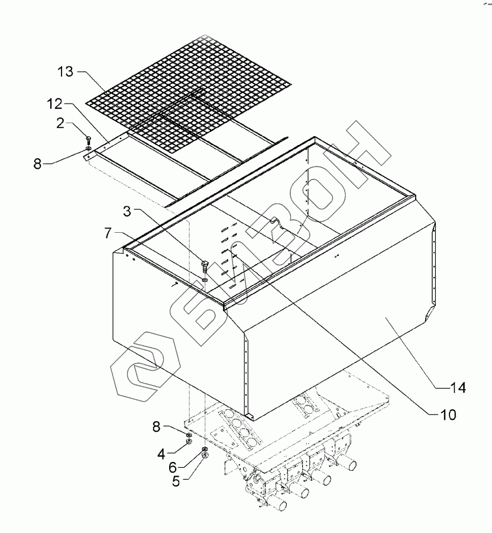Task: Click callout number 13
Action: pos(66,72)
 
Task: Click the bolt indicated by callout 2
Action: pos(88,140)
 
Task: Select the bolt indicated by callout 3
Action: pos(204,265)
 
